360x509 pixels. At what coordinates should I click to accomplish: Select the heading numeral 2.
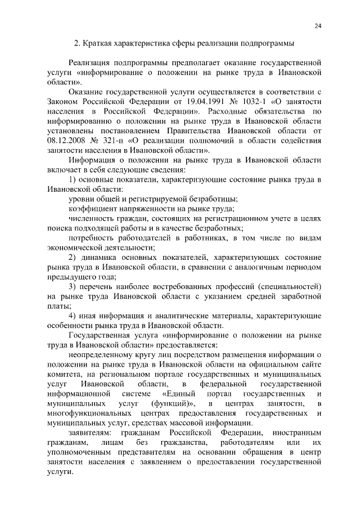[x=78, y=43]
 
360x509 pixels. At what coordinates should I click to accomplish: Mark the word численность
[x=92, y=219]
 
